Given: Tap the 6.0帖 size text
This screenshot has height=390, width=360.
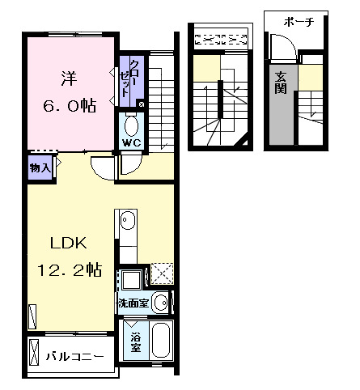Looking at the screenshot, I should (69, 105).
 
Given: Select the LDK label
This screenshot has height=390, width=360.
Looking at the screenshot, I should (69, 244).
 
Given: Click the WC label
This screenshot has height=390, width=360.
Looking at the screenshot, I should (130, 144).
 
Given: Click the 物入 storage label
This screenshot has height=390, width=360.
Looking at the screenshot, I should (40, 167).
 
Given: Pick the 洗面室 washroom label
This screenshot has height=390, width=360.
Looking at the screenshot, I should (132, 304).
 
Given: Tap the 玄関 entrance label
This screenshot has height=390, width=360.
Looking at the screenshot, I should (281, 83).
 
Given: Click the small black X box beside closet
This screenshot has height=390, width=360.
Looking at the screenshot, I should (142, 104).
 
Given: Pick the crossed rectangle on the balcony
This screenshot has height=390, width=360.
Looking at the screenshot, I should (34, 353).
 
